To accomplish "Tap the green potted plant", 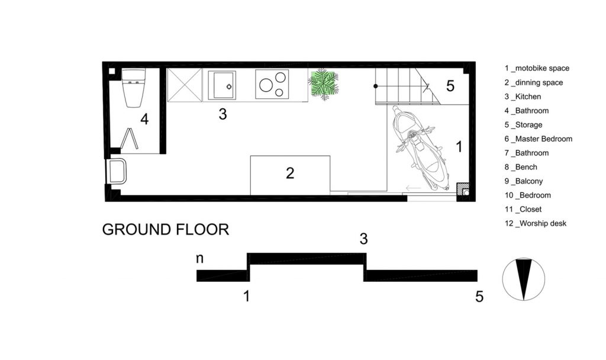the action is coord(324,84).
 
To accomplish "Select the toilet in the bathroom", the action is coord(133,88).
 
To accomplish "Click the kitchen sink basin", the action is coord(222,85).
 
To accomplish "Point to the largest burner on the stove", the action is coord(266,85).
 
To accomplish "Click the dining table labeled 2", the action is coord(290,175).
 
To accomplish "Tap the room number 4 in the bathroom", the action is coord(144,119).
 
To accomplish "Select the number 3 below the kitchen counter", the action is coord(223,114).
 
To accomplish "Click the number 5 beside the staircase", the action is coord(450,86).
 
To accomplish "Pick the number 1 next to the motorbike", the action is coord(459,147).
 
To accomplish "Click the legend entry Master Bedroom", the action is coord(539,139).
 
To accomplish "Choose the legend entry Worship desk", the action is coord(535,223).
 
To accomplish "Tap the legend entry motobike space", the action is coord(537,69).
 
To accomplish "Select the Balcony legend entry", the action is coord(524,181).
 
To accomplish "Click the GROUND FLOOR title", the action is coord(166,230).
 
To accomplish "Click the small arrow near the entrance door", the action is coord(413,188).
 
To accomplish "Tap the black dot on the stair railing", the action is coord(375,86).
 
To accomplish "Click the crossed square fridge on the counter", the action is coord(185,85).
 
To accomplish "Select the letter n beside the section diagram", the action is coord(199,258).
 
